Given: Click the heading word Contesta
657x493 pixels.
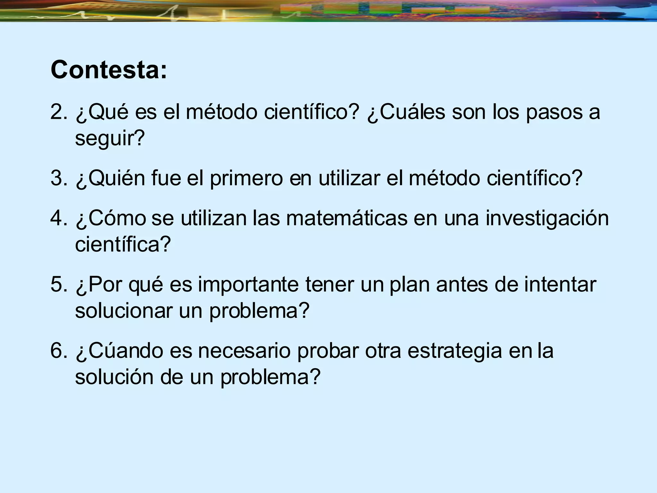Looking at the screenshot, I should click(108, 70).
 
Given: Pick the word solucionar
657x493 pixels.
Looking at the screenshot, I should click(124, 311).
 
